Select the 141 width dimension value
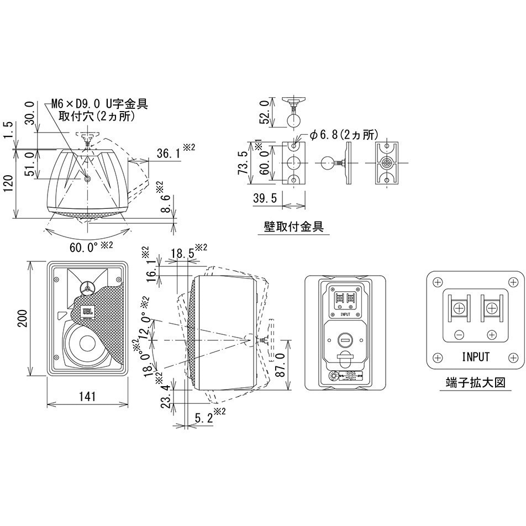click(x=87, y=396)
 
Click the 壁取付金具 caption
click(x=294, y=226)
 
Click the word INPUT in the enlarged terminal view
click(x=475, y=356)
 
